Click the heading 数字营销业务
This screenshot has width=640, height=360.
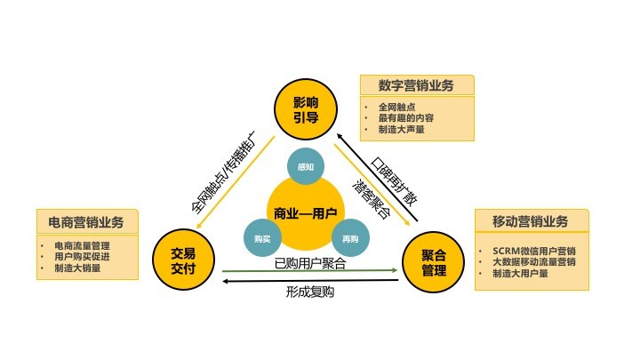coord(416,85)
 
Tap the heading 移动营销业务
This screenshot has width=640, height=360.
coord(529,221)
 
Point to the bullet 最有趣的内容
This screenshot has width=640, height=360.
coord(406,117)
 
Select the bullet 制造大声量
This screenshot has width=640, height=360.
coord(401,129)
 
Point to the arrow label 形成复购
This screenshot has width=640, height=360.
coord(310,291)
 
